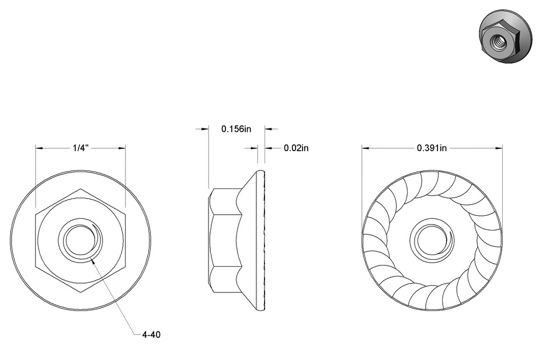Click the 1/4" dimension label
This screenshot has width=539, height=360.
80,148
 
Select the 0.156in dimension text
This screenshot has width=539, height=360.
237,128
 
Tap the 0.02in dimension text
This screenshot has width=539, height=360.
296,148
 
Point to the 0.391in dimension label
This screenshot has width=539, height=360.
432,148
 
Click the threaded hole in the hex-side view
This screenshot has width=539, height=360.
80,239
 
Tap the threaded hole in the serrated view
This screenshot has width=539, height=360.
432,239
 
